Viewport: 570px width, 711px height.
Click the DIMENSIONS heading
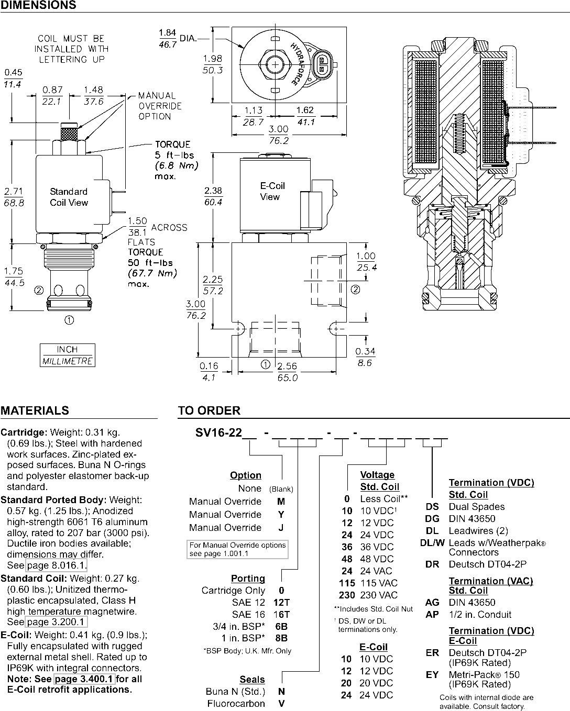[38, 5]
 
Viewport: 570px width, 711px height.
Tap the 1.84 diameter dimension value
[167, 32]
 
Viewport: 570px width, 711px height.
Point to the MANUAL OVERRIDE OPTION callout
[160, 106]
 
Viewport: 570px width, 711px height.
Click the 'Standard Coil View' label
[69, 197]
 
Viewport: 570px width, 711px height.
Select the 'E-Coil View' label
[272, 191]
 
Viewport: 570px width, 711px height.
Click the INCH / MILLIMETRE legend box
[68, 355]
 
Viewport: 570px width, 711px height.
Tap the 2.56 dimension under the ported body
[287, 366]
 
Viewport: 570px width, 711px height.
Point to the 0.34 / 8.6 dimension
[365, 357]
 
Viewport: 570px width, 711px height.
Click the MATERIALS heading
[35, 410]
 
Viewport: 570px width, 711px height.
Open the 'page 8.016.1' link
[57, 565]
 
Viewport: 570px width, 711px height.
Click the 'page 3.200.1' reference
[57, 622]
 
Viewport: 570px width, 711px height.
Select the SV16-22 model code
[218, 432]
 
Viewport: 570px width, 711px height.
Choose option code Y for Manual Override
[281, 515]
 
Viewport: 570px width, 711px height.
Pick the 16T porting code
[281, 615]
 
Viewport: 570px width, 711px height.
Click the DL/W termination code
[432, 543]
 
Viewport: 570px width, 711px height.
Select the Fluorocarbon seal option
[236, 704]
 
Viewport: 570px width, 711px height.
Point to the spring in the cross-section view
[459, 134]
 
